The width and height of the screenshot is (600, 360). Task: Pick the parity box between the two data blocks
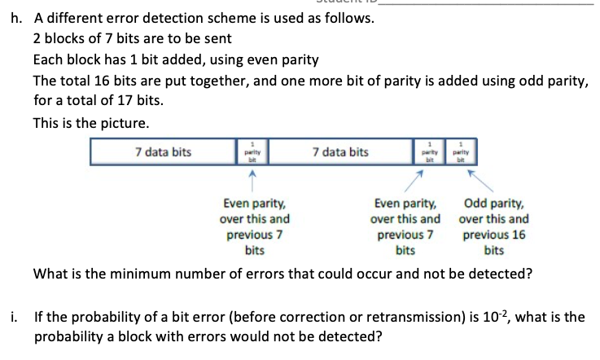coord(251,152)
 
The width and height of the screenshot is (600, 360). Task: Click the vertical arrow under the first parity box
coord(251,178)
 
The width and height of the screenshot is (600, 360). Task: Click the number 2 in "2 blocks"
coord(37,38)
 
